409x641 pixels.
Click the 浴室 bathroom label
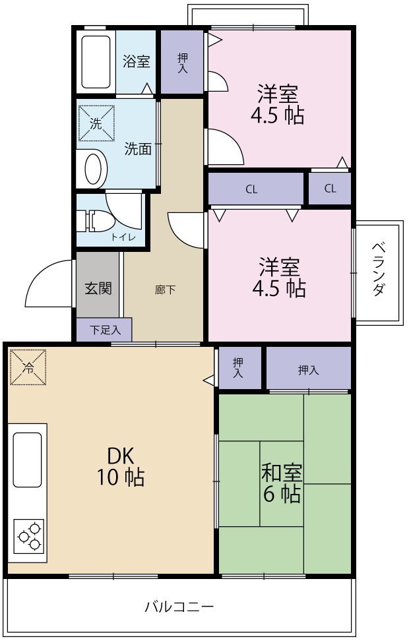(x=137, y=62)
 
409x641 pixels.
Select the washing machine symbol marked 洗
(x=96, y=123)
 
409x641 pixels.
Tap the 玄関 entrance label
(x=98, y=288)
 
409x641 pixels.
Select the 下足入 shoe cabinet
(x=104, y=330)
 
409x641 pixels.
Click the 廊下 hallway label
(x=165, y=290)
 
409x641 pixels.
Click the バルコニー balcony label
(x=179, y=606)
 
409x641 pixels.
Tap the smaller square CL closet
(x=330, y=189)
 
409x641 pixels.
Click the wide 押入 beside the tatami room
(x=308, y=369)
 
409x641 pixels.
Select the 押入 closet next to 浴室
(x=182, y=63)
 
